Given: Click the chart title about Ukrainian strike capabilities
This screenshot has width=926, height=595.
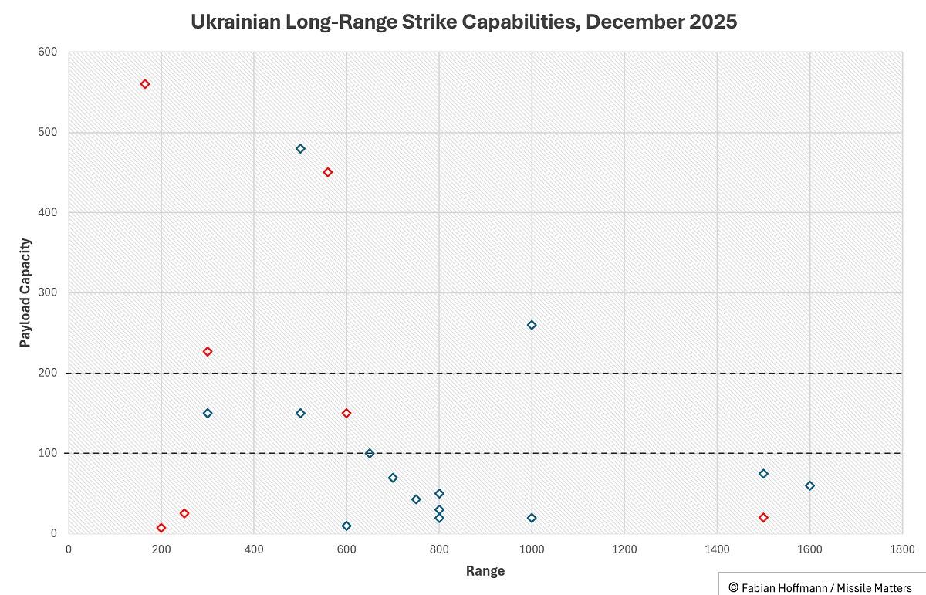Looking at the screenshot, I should (x=464, y=22).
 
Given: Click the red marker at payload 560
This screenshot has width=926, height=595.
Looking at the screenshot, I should (x=145, y=84).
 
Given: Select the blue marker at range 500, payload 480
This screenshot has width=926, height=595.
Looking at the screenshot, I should (x=300, y=148).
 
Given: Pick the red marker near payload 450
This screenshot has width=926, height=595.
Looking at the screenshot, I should (x=328, y=172).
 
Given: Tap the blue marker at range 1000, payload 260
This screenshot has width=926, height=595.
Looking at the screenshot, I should (x=532, y=325).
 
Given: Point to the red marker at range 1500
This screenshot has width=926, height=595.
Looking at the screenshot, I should (x=763, y=517).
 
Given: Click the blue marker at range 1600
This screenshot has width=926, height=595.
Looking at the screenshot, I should (x=809, y=485).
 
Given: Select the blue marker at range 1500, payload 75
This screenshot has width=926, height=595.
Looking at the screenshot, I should (x=763, y=473).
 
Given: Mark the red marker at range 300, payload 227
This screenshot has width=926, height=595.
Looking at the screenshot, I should (x=208, y=351).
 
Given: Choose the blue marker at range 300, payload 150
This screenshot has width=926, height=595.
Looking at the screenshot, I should (x=208, y=413).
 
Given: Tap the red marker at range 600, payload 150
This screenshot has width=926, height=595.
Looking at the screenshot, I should (x=346, y=413).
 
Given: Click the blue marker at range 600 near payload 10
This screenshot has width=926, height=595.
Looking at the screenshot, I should (x=346, y=526).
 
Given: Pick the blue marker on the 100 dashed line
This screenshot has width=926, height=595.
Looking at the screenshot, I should (x=370, y=453).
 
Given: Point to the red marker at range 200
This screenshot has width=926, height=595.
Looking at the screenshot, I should (x=161, y=528).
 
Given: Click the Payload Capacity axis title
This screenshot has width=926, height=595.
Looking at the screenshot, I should (x=25, y=292).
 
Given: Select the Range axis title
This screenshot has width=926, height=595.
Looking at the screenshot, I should (x=485, y=571).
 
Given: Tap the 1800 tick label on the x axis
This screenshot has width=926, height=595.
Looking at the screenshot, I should (x=901, y=549).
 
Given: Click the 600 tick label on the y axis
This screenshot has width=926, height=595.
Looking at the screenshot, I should (x=48, y=52).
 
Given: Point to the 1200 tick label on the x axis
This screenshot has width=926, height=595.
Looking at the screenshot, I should (x=624, y=549).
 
